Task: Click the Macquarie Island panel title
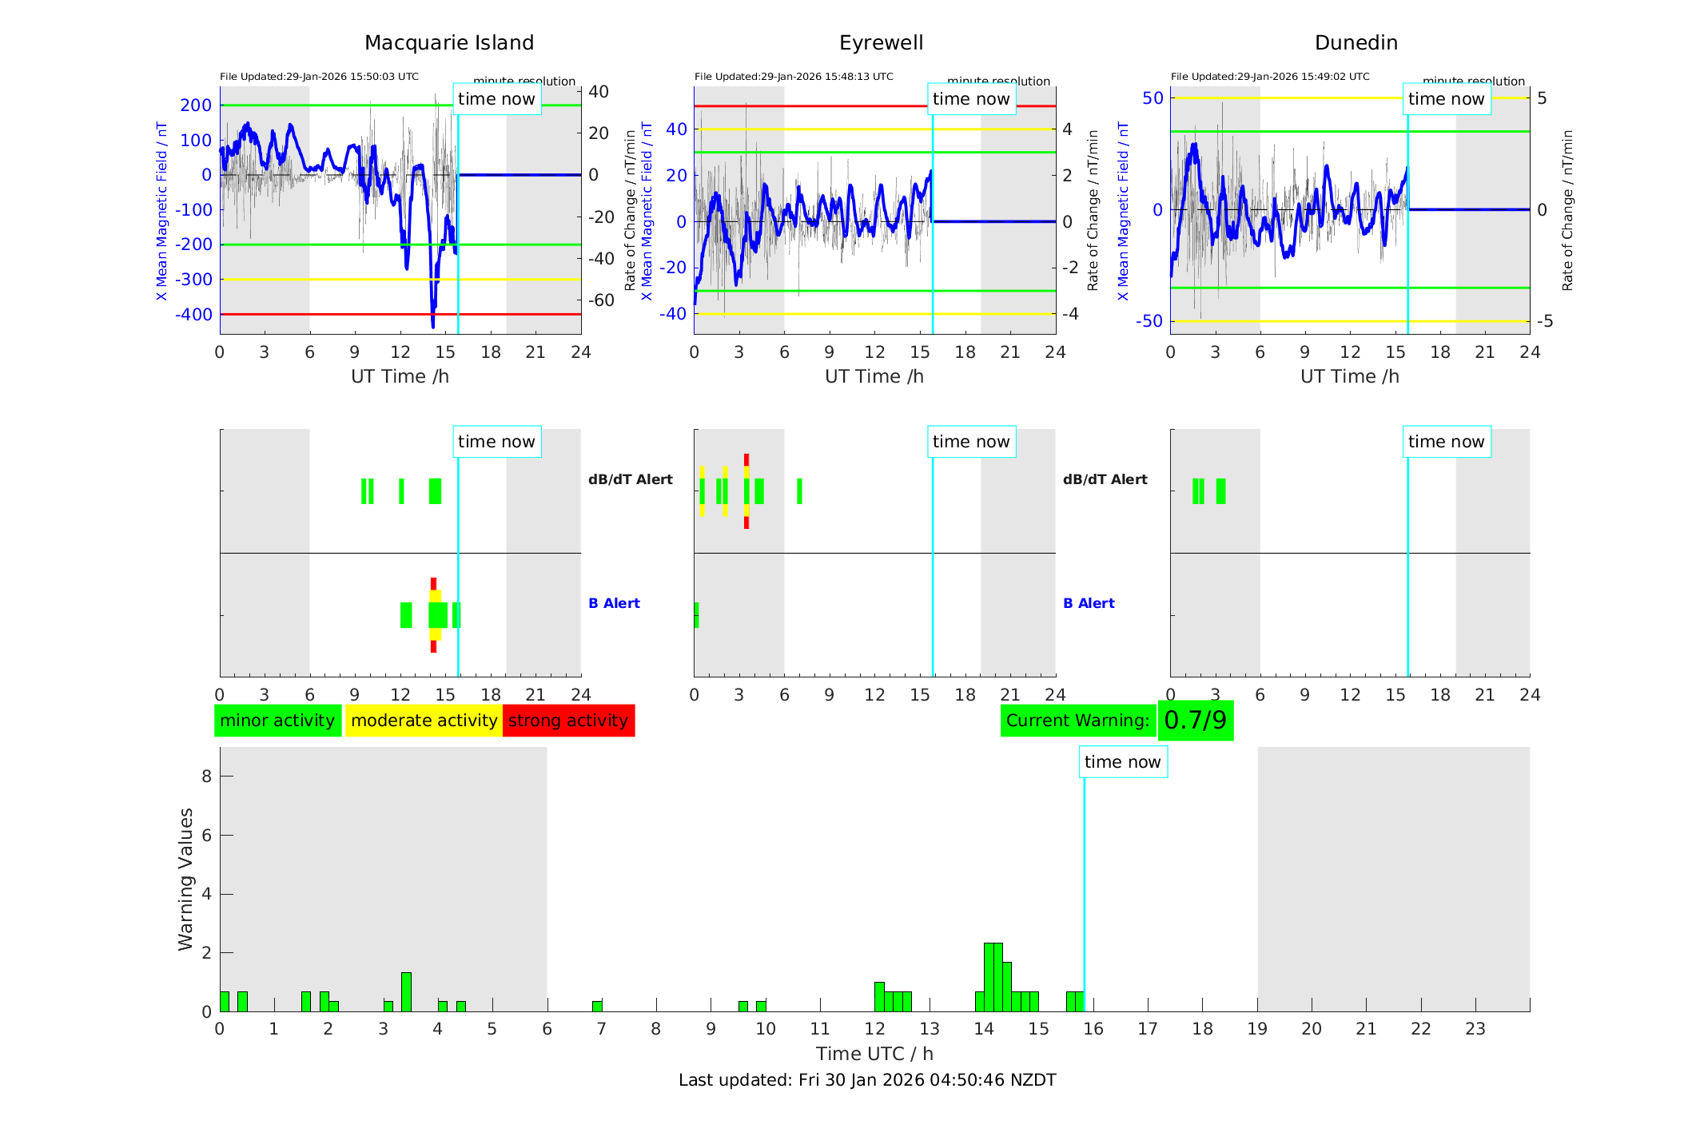point(448,43)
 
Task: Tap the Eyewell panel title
point(881,43)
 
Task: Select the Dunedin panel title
point(1356,43)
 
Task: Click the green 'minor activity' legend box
point(277,721)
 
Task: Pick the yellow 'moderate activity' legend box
point(424,721)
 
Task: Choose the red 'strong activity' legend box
point(568,721)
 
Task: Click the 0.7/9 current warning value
point(1195,721)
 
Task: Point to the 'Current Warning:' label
point(1077,721)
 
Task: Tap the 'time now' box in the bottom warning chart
point(1122,762)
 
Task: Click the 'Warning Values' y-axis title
point(186,879)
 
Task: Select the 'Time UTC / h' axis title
point(874,1054)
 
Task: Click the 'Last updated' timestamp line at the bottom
point(867,1080)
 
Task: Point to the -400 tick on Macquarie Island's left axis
point(194,315)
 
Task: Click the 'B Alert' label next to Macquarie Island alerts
point(614,603)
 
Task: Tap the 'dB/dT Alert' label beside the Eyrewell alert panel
point(1105,479)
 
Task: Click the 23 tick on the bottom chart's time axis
point(1475,1029)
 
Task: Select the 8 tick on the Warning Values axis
point(206,776)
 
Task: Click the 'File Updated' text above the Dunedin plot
point(1270,77)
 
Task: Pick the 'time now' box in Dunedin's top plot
point(1446,99)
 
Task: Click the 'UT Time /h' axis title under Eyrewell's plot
point(874,376)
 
